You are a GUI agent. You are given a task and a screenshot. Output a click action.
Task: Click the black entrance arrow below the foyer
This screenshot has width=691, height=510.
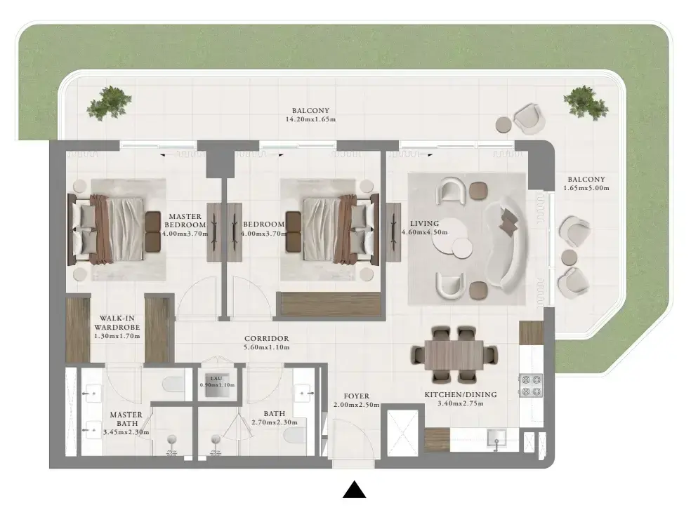click(355, 490)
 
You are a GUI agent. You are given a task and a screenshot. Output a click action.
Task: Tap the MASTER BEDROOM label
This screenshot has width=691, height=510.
click(185, 220)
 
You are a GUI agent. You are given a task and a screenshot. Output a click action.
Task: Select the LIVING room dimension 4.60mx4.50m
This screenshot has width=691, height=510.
click(424, 232)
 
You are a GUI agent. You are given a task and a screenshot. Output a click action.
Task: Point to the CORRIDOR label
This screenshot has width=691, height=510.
click(267, 338)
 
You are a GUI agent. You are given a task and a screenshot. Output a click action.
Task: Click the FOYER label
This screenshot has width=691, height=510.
click(357, 396)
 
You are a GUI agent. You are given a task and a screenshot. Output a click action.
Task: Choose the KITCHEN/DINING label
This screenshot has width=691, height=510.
click(461, 395)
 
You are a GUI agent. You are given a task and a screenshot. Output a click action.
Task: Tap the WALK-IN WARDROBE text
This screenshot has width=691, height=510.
click(117, 323)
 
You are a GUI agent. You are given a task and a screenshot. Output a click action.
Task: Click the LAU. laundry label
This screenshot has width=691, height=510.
click(217, 378)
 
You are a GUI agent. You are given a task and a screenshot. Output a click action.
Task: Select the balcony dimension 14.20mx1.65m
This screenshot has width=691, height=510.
click(310, 119)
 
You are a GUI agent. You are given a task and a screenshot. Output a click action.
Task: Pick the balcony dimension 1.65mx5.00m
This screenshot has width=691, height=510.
click(586, 188)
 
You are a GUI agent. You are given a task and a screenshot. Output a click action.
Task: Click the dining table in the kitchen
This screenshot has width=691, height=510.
click(454, 354)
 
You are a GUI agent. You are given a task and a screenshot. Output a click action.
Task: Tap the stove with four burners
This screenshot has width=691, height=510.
click(531, 385)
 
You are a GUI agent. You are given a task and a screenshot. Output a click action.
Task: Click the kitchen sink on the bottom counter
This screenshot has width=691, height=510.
click(496, 438)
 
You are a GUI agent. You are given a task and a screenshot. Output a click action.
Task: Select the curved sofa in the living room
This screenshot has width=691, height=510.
click(506, 245)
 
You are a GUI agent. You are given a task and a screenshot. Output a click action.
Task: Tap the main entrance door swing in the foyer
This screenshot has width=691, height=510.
click(354, 437)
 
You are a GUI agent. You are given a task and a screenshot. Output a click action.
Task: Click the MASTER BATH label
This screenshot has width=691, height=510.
click(126, 419)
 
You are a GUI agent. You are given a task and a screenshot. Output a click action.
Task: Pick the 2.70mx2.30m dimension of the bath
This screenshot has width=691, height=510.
click(274, 422)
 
